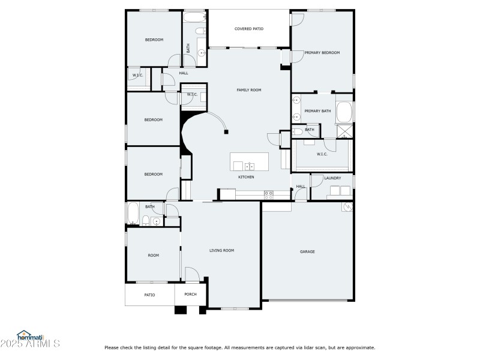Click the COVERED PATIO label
(249, 28)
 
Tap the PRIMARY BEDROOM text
(322, 53)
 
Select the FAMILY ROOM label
(248, 89)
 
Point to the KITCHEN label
(246, 177)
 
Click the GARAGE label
(307, 251)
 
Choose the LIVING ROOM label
(221, 250)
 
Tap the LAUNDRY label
(332, 178)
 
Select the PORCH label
(190, 294)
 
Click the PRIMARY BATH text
(317, 111)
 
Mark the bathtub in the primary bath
(344, 112)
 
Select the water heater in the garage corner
(347, 207)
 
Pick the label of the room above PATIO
(154, 256)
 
